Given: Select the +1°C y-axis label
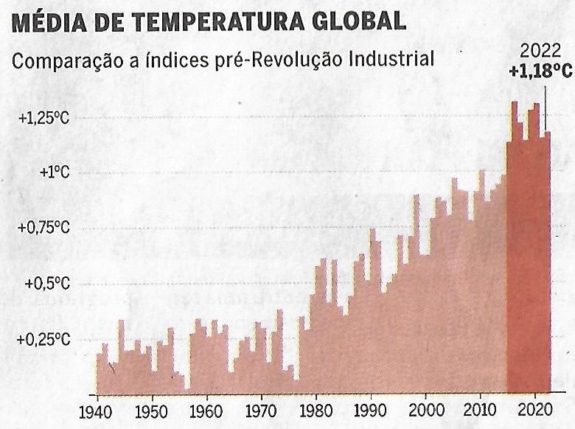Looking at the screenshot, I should [55, 172].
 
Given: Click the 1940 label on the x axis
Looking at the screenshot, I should [96, 410].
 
